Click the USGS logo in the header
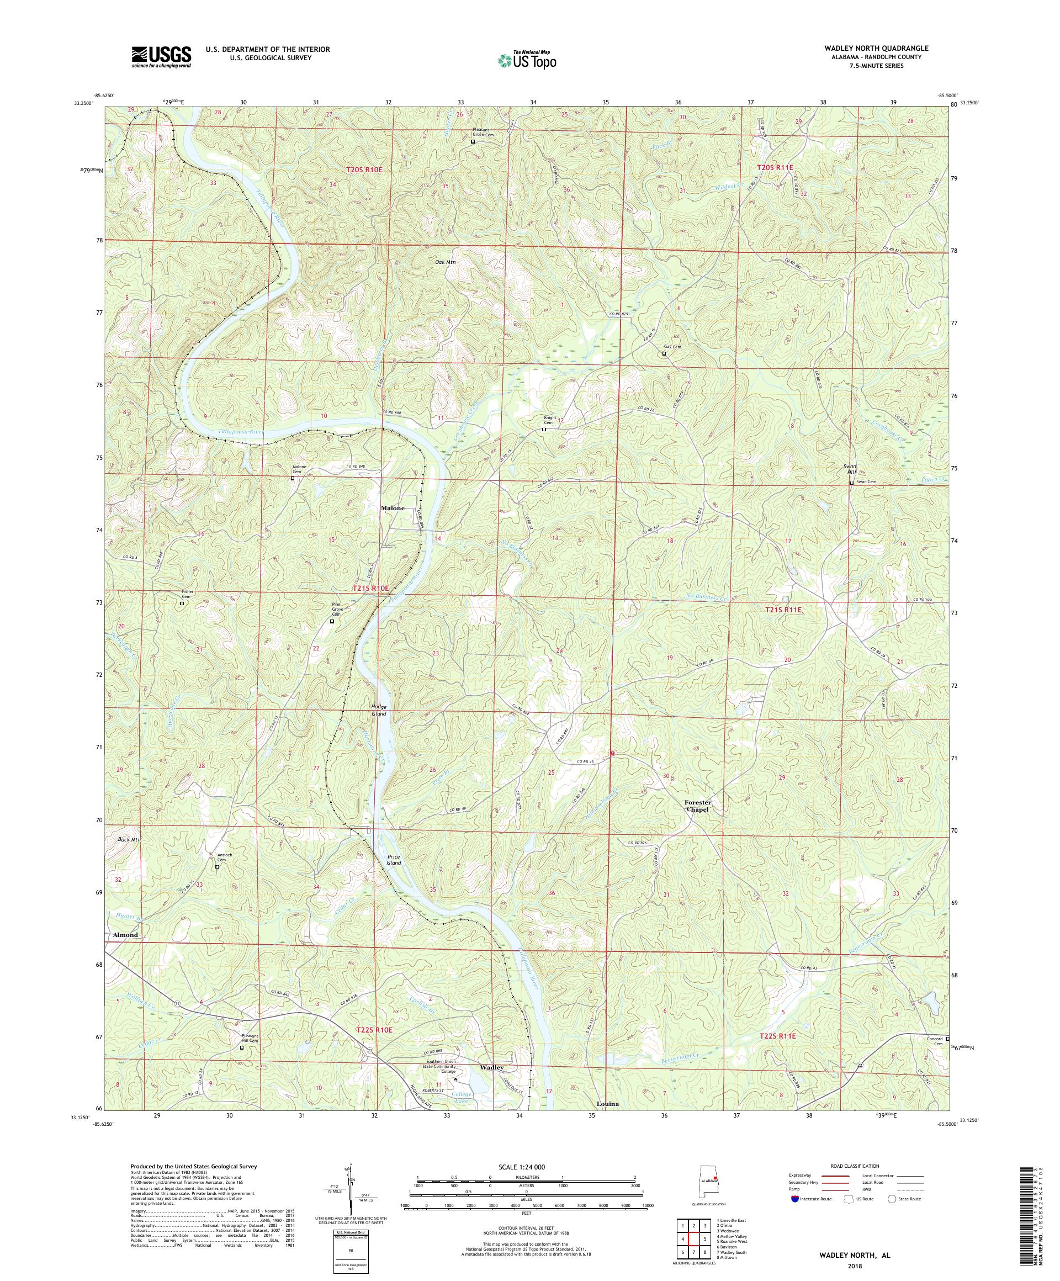click(x=161, y=57)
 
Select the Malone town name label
click(x=394, y=507)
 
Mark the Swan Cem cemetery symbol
click(x=851, y=483)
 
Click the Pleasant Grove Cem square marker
click(x=473, y=141)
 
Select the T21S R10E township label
click(x=370, y=588)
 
